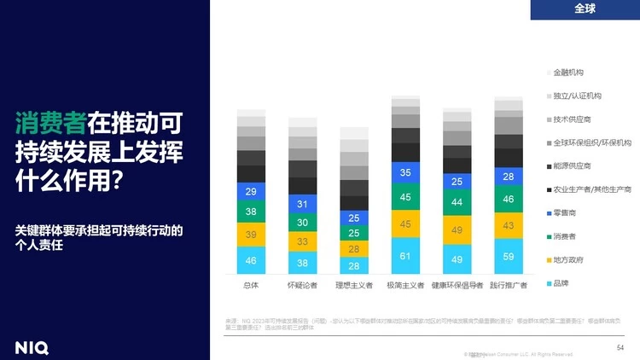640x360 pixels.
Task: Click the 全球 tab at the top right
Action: coord(585,9)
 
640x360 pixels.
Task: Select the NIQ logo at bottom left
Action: coord(32,346)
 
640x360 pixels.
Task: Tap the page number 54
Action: coord(620,347)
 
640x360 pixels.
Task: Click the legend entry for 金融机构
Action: coord(568,73)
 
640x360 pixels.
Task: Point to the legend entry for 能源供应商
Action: coord(572,165)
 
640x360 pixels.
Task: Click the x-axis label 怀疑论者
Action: coord(302,285)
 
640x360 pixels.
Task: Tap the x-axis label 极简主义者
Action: coord(405,285)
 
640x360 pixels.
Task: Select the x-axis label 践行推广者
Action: coord(509,285)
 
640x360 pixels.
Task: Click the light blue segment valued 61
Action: coord(405,256)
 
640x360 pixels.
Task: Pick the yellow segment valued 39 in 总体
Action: coord(251,235)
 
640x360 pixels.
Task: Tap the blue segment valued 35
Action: coord(405,172)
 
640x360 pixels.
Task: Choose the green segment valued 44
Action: coord(457,202)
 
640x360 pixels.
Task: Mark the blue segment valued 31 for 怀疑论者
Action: coord(302,204)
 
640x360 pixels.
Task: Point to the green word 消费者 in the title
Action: coord(50,123)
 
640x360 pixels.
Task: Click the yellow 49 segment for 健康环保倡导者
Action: coord(457,230)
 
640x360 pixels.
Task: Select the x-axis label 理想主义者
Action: coord(354,285)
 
